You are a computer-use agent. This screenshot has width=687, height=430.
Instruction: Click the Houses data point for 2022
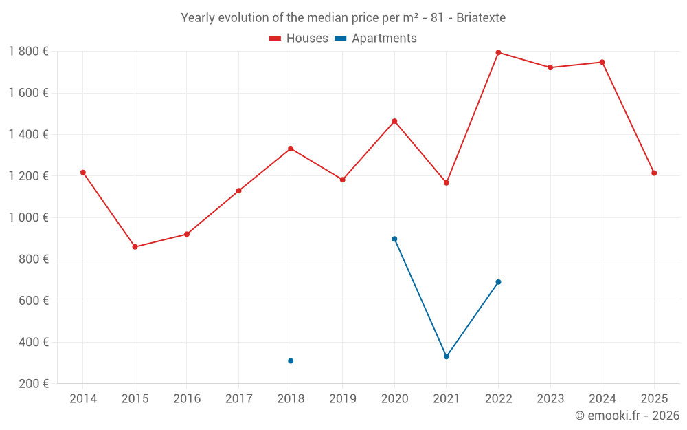(498, 52)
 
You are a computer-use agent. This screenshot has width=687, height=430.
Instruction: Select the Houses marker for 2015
(135, 247)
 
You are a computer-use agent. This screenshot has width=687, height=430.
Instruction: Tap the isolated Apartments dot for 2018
(291, 361)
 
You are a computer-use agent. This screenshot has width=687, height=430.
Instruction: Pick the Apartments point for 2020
(394, 239)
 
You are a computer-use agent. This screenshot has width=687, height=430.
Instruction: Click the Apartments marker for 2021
(447, 356)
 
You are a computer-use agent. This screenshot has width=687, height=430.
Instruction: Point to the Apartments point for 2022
(498, 282)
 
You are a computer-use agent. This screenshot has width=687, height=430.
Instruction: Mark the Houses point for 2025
(654, 173)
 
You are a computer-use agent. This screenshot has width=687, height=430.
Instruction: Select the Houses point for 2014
(83, 173)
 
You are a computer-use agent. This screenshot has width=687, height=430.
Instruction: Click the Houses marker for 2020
(394, 121)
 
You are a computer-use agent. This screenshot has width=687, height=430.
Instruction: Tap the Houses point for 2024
(602, 62)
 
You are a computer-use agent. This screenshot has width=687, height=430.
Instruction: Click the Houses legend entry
(299, 39)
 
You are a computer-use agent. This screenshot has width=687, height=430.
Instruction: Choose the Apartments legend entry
(376, 39)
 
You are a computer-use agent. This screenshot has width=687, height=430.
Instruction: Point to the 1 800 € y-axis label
(28, 52)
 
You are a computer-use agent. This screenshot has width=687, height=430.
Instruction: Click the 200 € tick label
(33, 384)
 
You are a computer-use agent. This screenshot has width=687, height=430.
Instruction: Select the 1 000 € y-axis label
(28, 217)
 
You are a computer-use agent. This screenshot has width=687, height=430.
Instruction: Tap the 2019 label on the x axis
(343, 399)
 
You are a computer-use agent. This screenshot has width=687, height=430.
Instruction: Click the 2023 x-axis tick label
(550, 399)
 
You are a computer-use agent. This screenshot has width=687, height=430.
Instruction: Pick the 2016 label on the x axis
(187, 399)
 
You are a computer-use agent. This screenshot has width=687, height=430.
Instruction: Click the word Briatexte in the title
(481, 18)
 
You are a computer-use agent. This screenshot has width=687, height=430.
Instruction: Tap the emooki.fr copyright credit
(627, 416)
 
